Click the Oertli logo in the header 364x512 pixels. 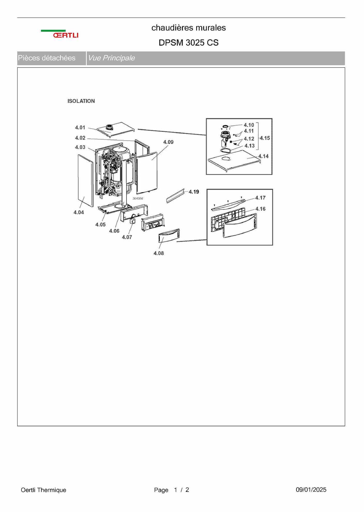pos(60,34)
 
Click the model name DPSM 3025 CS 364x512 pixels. pos(188,43)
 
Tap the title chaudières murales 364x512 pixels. pos(188,28)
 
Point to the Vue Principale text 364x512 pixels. pos(111,58)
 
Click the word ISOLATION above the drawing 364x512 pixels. pos(81,101)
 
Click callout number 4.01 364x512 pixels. pos(80,127)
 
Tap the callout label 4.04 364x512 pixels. pos(79,212)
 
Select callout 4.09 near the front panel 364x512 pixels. pos(168,142)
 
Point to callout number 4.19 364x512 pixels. pos(194,192)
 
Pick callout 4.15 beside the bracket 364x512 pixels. pos(265,138)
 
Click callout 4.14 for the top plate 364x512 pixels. pos(263,156)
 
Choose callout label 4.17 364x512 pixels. pos(260,198)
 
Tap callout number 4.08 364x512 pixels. pos(159,253)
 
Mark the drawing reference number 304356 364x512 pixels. pos(138,199)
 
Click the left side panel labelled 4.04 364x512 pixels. pos(85,180)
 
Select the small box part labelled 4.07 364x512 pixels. pos(133,221)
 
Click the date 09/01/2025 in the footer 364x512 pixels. pos(311,490)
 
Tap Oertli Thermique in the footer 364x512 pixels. pos(43,490)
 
